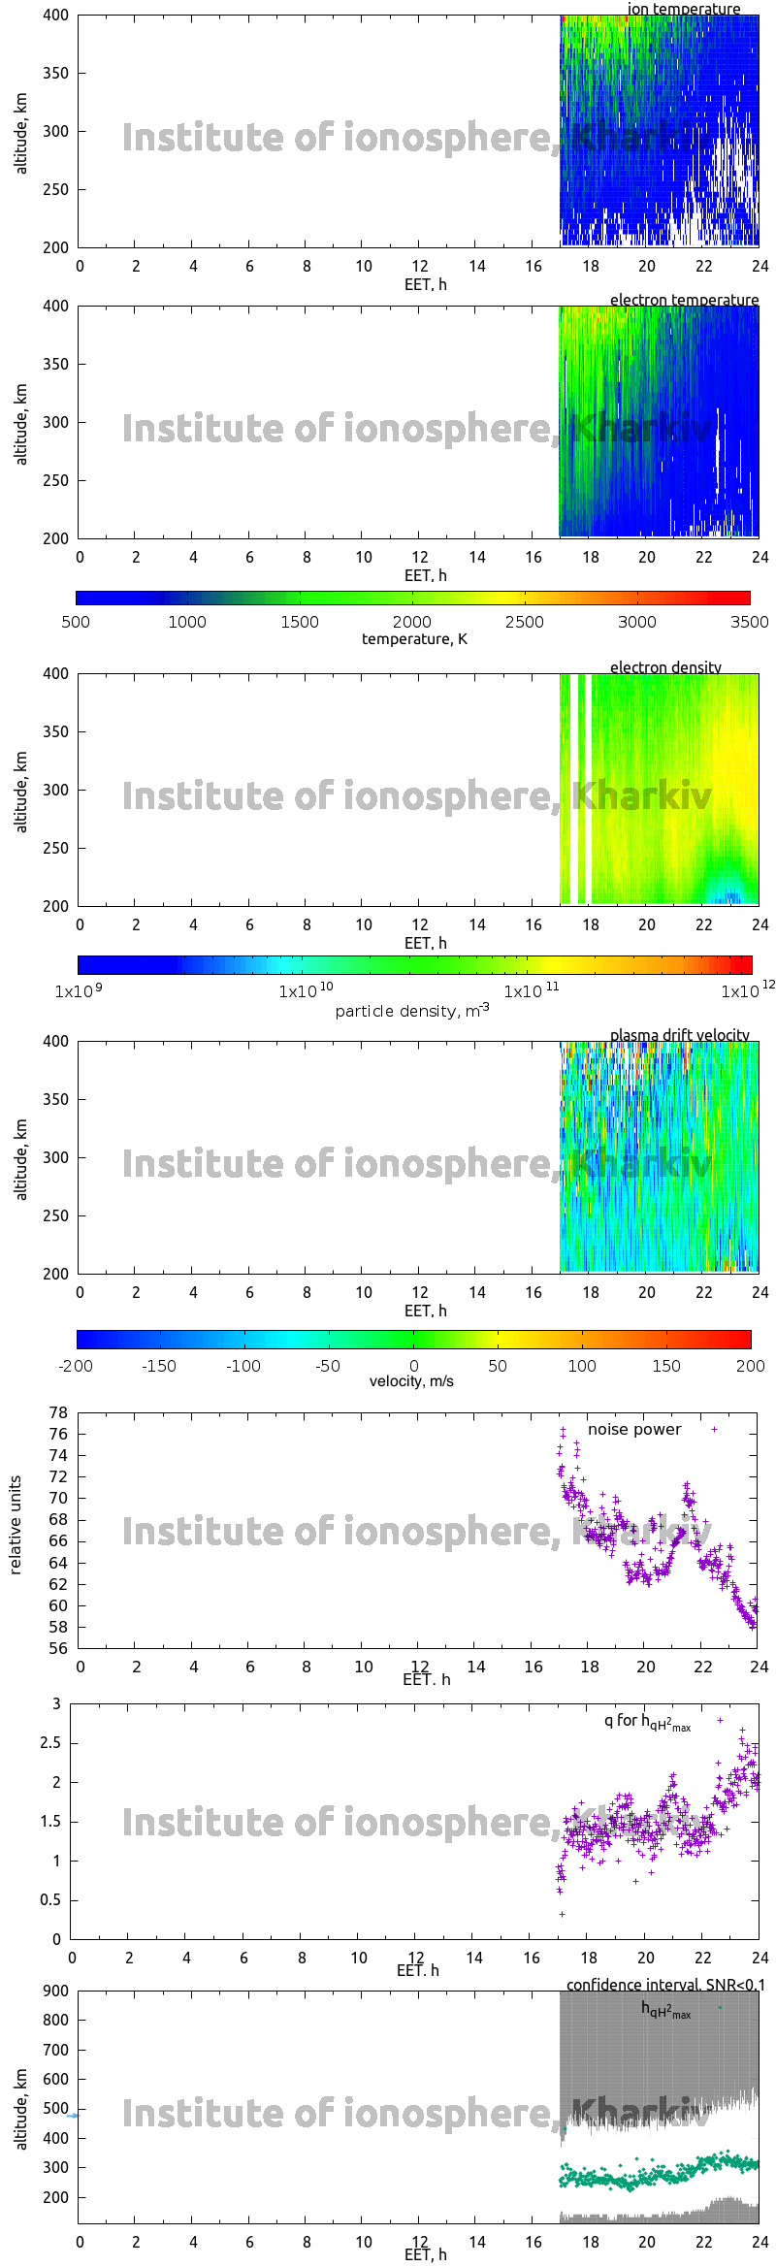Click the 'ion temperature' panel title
[x=683, y=9]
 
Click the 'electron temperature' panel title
[x=684, y=300]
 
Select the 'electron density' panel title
[x=665, y=667]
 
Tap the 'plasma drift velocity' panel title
[x=679, y=1035]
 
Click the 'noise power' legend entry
[x=634, y=1429]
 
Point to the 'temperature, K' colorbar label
[x=414, y=638]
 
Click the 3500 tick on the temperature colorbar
[x=749, y=622]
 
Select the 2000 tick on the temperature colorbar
[x=412, y=622]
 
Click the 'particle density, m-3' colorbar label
[x=411, y=1011]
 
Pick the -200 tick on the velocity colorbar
[x=76, y=1366]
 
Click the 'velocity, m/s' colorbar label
[x=411, y=1380]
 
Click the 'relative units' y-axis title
[x=16, y=1525]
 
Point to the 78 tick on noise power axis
[x=58, y=1412]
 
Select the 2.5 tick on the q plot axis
[x=50, y=1742]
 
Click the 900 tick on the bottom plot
[x=56, y=1991]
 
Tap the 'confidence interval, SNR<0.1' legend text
[x=665, y=1985]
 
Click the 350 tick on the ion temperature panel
[x=56, y=73]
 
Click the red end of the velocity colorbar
[x=747, y=1340]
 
